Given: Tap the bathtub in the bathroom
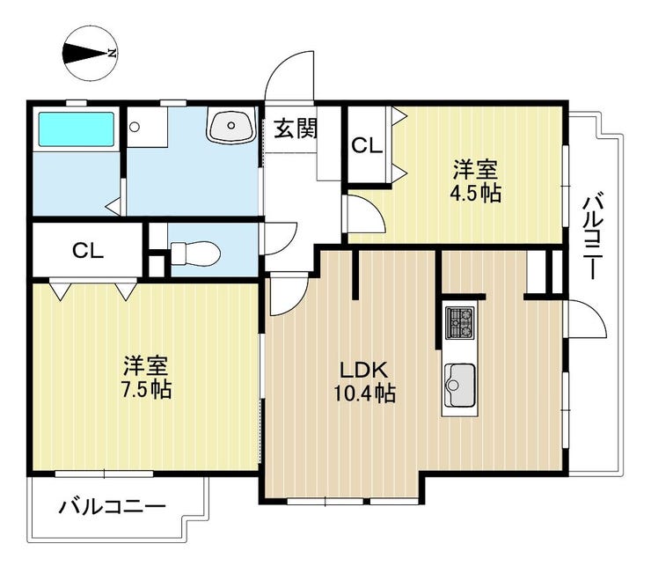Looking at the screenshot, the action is (77, 129).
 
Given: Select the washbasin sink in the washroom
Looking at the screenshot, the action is (230, 124).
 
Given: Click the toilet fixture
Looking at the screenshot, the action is (195, 253).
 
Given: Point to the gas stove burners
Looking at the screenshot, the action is (459, 322).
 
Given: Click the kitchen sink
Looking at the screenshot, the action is (459, 385).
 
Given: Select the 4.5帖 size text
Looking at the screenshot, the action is (476, 193).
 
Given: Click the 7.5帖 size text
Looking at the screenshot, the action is (147, 390).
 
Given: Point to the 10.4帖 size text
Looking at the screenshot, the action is (365, 393).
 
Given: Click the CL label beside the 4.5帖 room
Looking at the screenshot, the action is (367, 145).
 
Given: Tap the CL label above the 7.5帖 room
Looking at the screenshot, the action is (88, 250).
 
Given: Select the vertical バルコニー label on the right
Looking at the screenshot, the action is (593, 234).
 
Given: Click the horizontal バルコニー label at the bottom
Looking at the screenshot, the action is (112, 506).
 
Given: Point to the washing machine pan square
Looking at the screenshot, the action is (147, 127).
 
